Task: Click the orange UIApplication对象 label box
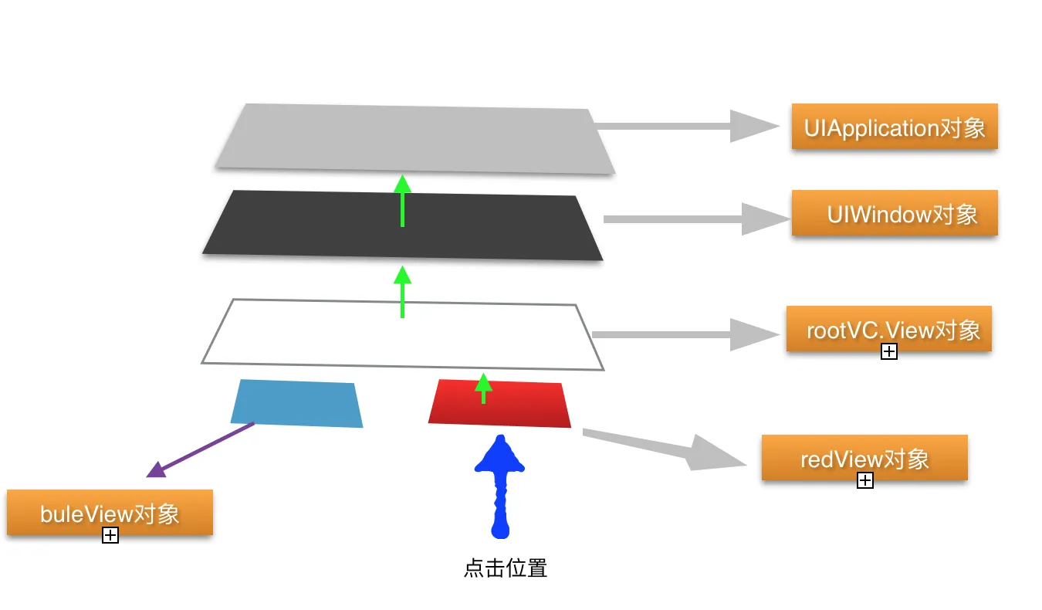(x=895, y=127)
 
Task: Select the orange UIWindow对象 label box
(x=895, y=213)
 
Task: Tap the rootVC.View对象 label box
(x=888, y=329)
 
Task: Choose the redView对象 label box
(x=864, y=458)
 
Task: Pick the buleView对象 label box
(x=110, y=512)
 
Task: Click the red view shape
(x=525, y=405)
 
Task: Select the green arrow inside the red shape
(x=483, y=388)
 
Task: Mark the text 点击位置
(x=506, y=569)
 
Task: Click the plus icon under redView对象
(x=865, y=481)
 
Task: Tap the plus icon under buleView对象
(x=110, y=535)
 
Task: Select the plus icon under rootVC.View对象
(x=888, y=352)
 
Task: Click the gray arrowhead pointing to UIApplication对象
(x=753, y=126)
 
